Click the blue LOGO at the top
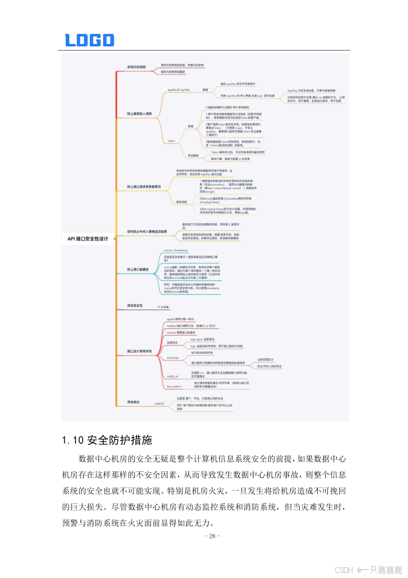pos(89,40)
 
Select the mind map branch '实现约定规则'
pos(136,67)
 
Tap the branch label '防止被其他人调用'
pos(139,113)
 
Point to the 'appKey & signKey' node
pos(178,90)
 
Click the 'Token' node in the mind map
pos(171,140)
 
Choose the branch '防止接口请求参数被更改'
pos(144,187)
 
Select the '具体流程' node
pos(182,202)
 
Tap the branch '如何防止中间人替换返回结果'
pos(147,231)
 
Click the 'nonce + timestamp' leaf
pos(176,251)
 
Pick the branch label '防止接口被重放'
pos(138,269)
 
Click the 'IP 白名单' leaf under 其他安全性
pos(163,307)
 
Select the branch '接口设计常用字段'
pos(139,351)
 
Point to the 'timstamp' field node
pos(172,358)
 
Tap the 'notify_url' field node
pos(173,376)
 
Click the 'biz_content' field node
pos(174,387)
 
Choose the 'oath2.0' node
pos(159,403)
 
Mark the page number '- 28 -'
pos(212,536)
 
